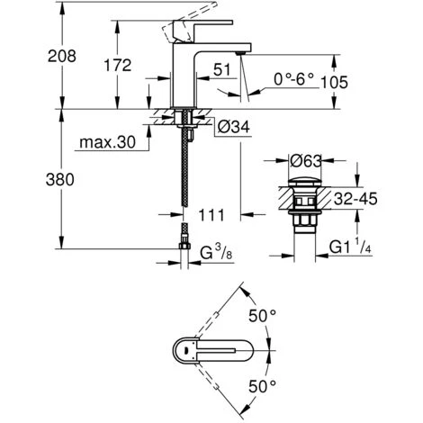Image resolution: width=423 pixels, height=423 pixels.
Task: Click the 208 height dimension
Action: [62, 57]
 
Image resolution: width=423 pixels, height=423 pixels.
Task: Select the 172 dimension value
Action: [118, 65]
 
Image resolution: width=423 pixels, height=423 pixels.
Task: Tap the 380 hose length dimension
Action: [60, 180]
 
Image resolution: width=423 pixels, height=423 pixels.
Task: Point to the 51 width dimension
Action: [222, 69]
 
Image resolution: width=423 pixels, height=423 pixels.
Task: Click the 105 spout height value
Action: [335, 83]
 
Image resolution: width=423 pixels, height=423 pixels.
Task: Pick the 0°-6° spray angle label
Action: [293, 79]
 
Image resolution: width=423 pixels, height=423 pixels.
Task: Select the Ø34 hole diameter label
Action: [233, 127]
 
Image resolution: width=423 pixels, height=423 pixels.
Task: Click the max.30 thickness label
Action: [107, 142]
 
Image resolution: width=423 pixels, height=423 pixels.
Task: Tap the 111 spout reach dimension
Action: [211, 215]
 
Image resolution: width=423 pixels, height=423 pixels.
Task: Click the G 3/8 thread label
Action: [216, 253]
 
